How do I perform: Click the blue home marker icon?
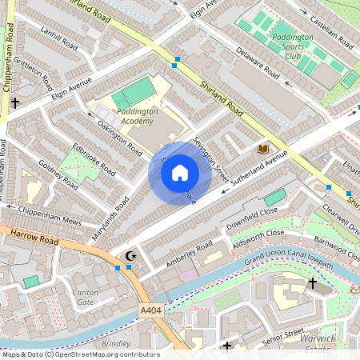[x=180, y=173]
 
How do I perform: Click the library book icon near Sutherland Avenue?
[x=262, y=149]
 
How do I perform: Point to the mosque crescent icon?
[x=130, y=255]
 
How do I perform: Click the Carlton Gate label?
[x=86, y=298]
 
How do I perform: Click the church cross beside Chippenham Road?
[x=15, y=102]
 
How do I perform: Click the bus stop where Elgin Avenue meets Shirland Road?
[x=176, y=60]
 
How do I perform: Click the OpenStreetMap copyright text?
[x=80, y=354]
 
